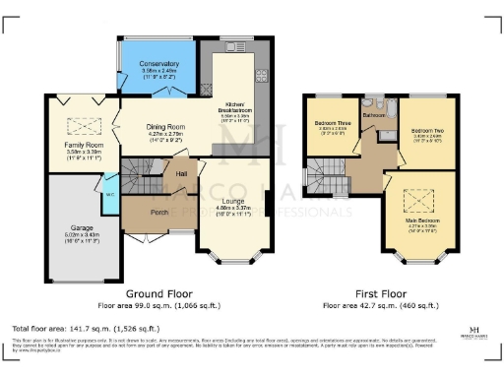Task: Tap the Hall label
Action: pyautogui.click(x=182, y=174)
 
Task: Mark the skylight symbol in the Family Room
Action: pyautogui.click(x=76, y=124)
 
